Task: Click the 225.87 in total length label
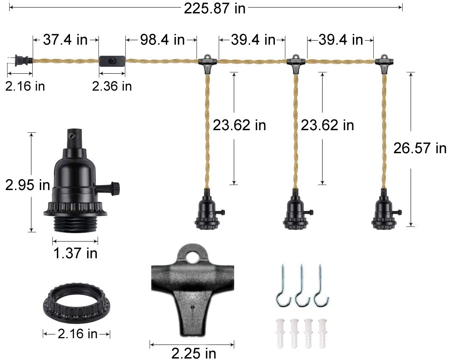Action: tap(214, 8)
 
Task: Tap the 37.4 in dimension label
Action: tap(65, 40)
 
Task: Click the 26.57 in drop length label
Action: tap(419, 148)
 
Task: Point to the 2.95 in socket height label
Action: tap(27, 185)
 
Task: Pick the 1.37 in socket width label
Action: tap(75, 253)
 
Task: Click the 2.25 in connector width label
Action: tap(194, 353)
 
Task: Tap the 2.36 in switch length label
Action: tap(112, 86)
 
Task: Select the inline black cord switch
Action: tap(112, 61)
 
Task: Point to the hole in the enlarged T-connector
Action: tap(193, 257)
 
